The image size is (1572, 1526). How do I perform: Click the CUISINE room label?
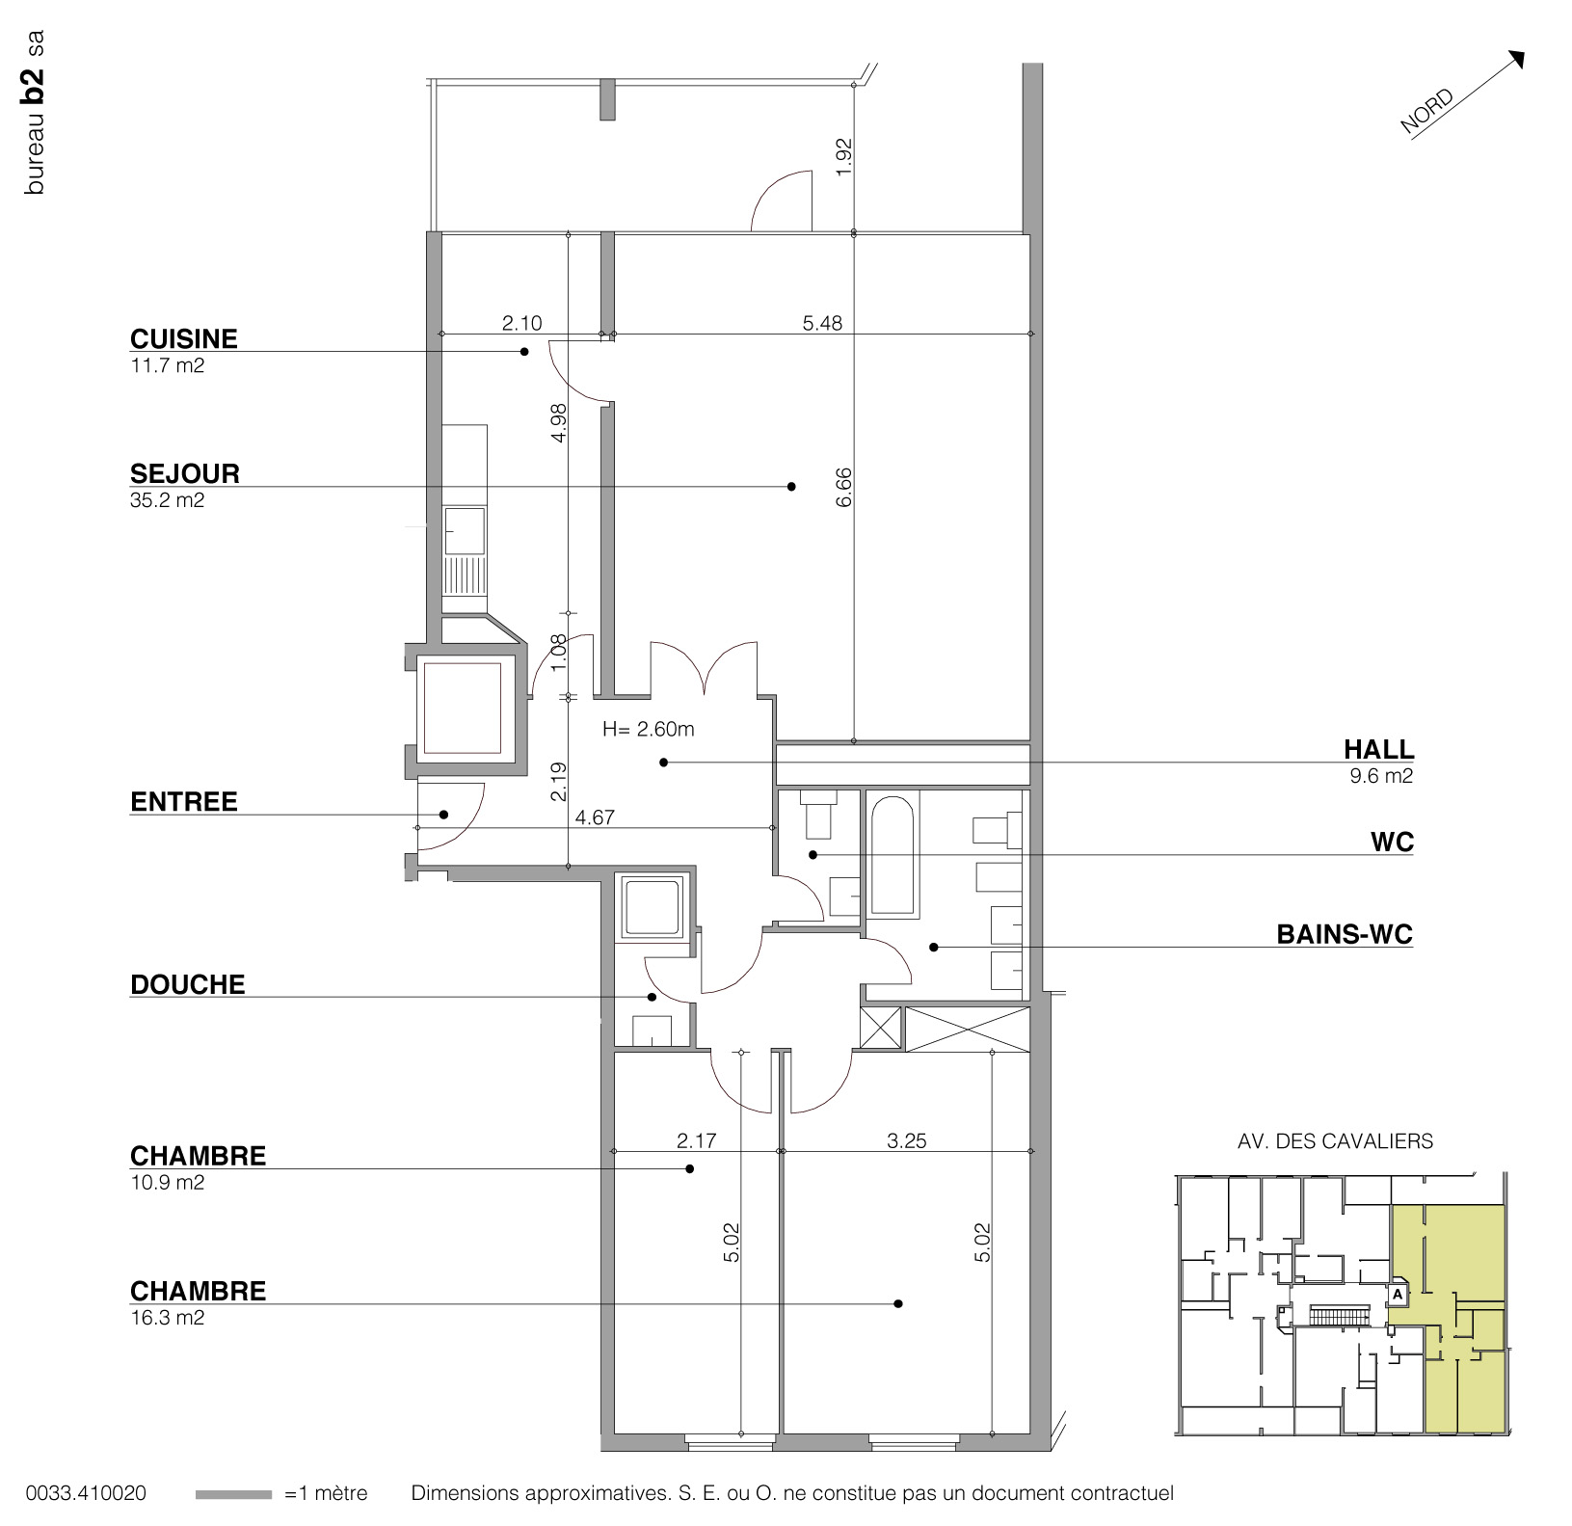click(x=183, y=339)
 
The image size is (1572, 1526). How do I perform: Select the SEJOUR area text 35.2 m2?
click(x=167, y=500)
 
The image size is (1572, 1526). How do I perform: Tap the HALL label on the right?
click(x=1378, y=749)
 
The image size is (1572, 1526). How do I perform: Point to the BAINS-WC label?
click(x=1344, y=934)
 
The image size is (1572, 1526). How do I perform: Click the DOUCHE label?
click(x=187, y=984)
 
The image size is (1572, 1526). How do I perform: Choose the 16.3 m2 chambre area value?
click(x=167, y=1318)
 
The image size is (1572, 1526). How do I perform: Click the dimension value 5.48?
click(x=822, y=324)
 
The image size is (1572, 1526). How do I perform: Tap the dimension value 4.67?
click(x=595, y=818)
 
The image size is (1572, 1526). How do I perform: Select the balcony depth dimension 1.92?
click(x=844, y=157)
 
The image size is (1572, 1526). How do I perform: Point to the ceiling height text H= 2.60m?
click(x=648, y=730)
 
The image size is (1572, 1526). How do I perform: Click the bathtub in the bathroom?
click(x=893, y=854)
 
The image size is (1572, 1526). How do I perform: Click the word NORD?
click(x=1426, y=111)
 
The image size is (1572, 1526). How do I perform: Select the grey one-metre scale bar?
click(x=233, y=1494)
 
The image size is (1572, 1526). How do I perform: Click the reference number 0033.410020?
click(x=86, y=1494)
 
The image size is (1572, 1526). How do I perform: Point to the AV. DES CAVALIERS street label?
click(x=1335, y=1141)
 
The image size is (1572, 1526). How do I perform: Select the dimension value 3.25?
click(x=906, y=1141)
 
